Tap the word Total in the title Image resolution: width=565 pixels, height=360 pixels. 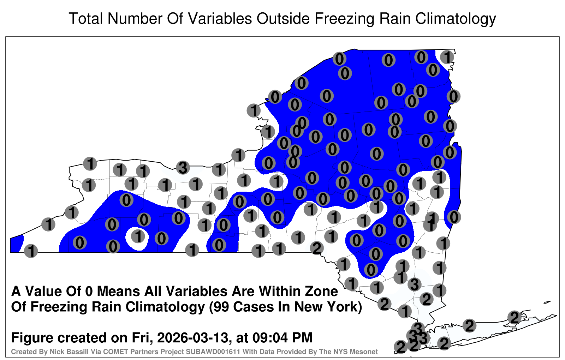coord(86,18)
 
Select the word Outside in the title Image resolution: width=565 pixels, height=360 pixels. coord(283,18)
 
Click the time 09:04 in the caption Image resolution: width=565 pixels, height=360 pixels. coord(270,337)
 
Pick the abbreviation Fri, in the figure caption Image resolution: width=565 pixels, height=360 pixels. coord(142,338)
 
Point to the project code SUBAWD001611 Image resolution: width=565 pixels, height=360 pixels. coord(213,352)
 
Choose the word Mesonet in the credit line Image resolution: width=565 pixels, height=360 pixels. coord(365,352)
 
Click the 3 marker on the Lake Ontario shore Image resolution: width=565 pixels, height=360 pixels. coord(183,168)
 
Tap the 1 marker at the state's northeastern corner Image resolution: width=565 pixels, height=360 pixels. coord(447,57)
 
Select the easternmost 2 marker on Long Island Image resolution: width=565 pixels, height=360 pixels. coord(514,317)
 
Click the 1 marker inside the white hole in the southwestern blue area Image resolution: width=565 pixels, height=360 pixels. coord(138,236)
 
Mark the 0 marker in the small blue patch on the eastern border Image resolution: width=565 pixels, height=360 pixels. coord(454,217)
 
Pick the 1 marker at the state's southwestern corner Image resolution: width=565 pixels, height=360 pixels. coord(31,251)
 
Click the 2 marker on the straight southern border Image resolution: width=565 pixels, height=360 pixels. coord(316,248)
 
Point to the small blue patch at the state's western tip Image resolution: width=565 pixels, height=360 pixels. coord(16,244)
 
